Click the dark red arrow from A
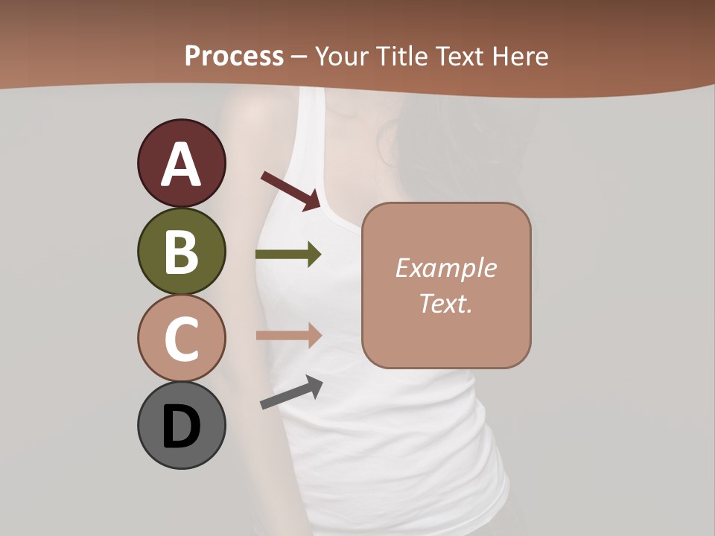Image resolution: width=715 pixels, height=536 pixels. pyautogui.click(x=290, y=191)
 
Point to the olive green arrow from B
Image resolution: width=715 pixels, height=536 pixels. pyautogui.click(x=287, y=255)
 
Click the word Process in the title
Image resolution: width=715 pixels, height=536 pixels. pyautogui.click(x=234, y=57)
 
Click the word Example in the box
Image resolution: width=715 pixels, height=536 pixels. pyautogui.click(x=445, y=268)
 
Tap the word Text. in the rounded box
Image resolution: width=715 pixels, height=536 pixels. pyautogui.click(x=445, y=303)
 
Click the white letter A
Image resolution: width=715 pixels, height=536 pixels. pyautogui.click(x=182, y=165)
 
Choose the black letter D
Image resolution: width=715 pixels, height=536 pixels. pyautogui.click(x=181, y=427)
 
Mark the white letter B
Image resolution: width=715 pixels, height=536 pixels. pyautogui.click(x=181, y=252)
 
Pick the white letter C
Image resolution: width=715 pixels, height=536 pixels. pyautogui.click(x=181, y=339)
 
